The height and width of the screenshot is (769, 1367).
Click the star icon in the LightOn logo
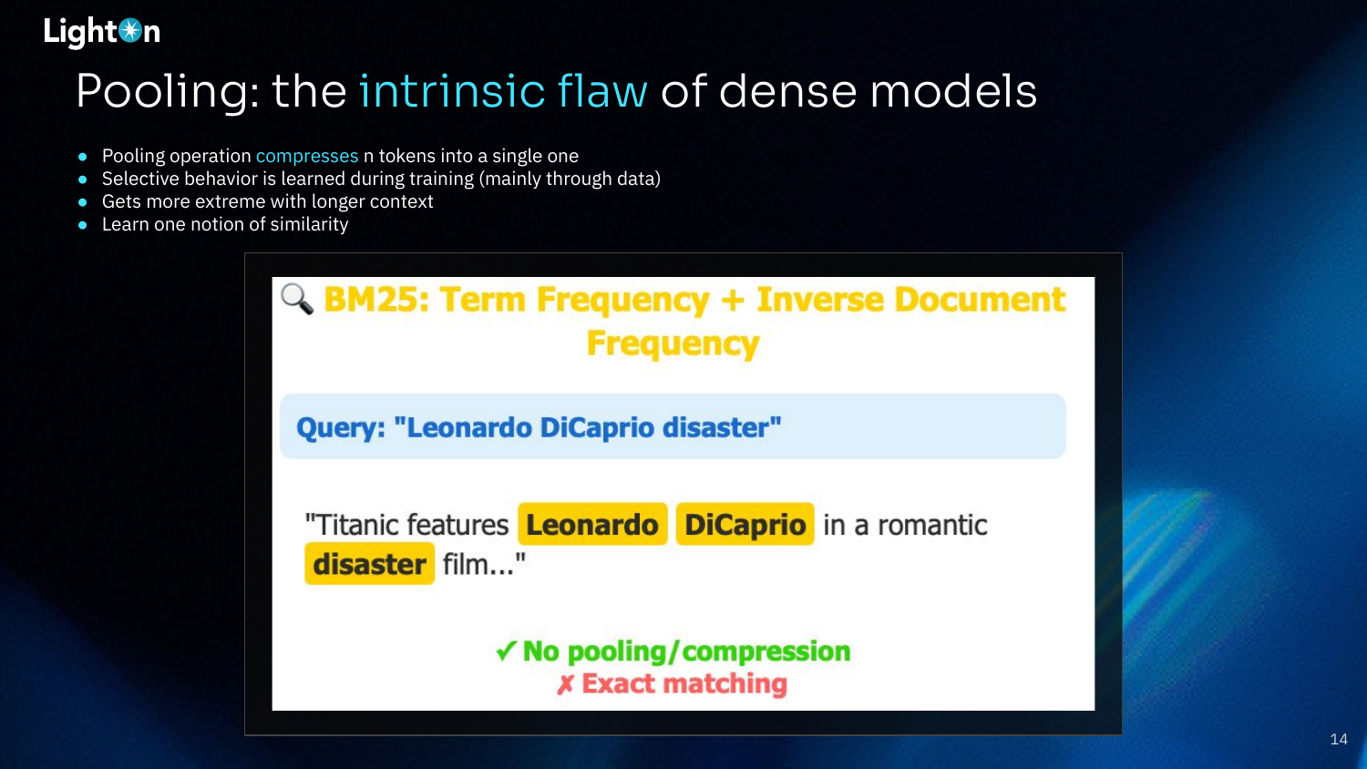coord(130,30)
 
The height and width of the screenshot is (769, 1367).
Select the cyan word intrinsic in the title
coord(452,90)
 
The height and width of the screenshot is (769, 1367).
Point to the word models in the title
coord(953,90)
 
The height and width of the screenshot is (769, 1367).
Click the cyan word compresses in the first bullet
coord(307,156)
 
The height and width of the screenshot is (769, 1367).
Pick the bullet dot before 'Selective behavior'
coord(82,179)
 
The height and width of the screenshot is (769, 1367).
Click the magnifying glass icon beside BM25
coord(297,299)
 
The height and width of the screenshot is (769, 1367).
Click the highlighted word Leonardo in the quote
coord(592,524)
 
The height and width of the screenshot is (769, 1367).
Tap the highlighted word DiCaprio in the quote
coord(745,524)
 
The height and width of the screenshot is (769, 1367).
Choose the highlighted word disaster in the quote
coord(369,564)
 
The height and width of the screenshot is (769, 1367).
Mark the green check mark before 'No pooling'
coord(507,651)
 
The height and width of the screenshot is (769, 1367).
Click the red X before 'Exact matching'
coord(565,685)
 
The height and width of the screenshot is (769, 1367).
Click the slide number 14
coord(1339,739)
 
